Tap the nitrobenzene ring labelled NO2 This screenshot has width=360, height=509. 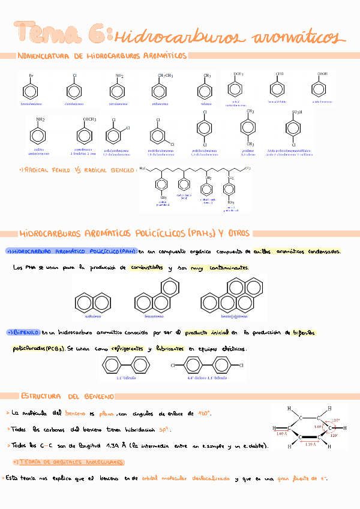[x=120, y=91]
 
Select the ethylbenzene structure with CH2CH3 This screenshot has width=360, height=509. [x=160, y=91]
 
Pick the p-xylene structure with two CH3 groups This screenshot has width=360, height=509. [x=250, y=128]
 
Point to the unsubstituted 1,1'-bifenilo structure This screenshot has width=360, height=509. [x=126, y=365]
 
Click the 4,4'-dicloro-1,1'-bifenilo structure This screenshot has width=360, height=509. [x=206, y=365]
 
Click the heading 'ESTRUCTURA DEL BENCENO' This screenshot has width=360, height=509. [x=67, y=397]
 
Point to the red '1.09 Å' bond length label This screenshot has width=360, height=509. [x=281, y=433]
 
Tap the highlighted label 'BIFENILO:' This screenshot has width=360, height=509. [x=24, y=332]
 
